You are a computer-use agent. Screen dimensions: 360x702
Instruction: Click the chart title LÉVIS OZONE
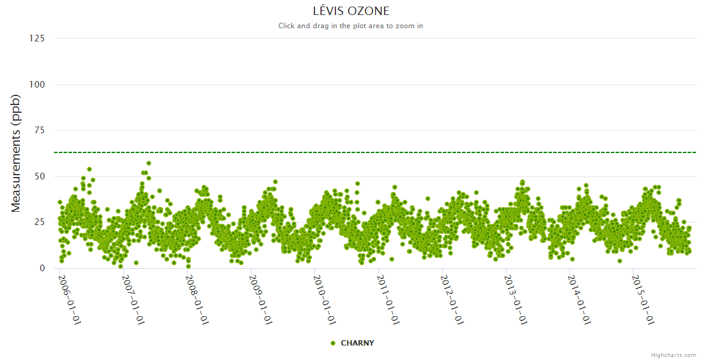point(351,11)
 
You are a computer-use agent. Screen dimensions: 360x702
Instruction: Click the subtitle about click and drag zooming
point(351,26)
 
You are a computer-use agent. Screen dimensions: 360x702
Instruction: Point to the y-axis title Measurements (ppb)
point(16,153)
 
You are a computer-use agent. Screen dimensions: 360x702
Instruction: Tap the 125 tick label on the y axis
point(37,38)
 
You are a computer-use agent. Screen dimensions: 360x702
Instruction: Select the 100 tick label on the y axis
point(37,85)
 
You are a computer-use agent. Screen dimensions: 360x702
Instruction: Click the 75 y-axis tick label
point(39,130)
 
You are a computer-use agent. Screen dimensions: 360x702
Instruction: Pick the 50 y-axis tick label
point(39,176)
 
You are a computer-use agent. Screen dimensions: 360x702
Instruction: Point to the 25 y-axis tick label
point(39,223)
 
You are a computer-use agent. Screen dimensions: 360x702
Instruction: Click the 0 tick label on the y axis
point(41,268)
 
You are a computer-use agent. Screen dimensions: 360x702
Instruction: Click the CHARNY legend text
point(357,343)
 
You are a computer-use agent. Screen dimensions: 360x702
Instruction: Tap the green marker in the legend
point(333,343)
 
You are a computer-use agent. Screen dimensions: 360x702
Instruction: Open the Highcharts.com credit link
point(673,355)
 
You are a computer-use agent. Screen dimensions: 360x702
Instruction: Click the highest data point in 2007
point(148,163)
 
